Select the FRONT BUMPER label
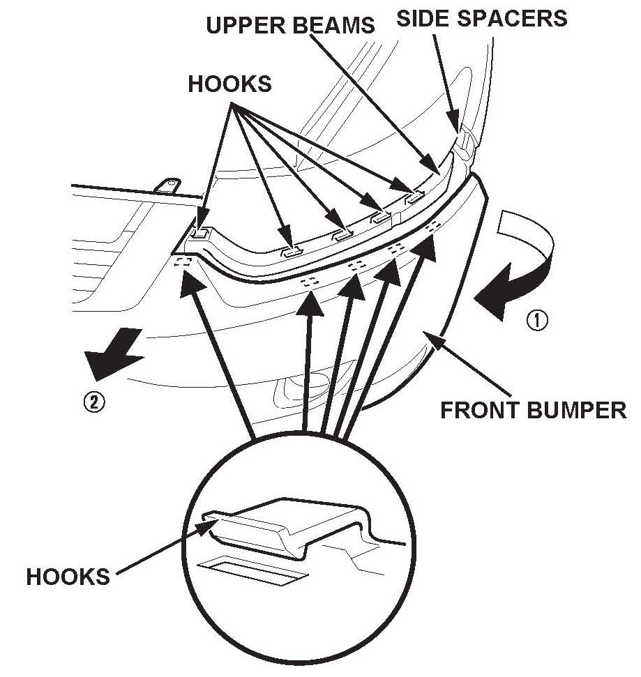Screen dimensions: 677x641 534,409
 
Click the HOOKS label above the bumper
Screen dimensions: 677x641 229,84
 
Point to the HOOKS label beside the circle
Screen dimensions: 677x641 68,577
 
